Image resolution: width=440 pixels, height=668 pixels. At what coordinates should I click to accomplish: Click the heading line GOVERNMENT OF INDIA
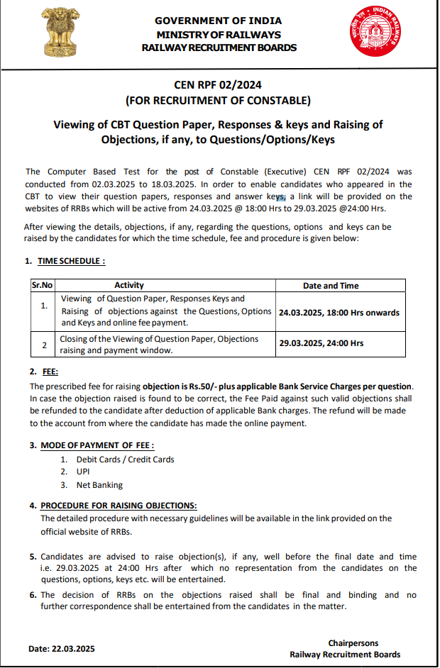218,21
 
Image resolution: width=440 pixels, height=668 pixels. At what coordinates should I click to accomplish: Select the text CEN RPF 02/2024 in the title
218,86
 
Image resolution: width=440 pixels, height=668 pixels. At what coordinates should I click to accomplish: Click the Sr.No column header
42,285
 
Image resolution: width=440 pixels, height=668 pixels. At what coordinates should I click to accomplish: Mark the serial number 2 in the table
44,345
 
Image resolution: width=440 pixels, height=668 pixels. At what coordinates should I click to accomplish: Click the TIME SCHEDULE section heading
71,261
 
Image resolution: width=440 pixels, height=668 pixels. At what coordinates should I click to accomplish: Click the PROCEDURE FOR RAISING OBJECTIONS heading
119,506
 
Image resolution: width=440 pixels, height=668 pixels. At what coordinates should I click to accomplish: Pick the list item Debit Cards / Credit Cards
125,459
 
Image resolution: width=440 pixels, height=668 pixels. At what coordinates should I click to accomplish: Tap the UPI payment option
84,472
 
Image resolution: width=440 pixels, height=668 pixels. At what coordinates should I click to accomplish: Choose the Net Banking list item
99,485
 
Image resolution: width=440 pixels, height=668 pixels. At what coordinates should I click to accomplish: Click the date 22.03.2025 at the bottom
62,649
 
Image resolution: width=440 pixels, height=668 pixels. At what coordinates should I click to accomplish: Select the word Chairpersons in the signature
353,643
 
